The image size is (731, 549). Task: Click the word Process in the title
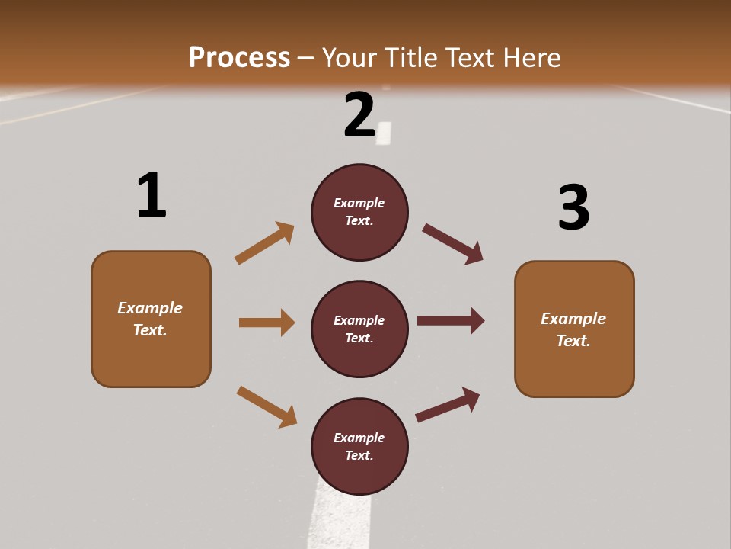239,57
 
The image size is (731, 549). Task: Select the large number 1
152,195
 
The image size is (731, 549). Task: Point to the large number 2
359,115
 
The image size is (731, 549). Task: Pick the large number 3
574,207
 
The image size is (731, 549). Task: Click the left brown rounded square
151,319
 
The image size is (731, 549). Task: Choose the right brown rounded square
574,329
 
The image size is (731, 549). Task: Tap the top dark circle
359,212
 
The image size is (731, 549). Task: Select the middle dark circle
359,329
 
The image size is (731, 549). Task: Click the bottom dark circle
359,447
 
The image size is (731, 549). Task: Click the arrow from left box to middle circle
267,323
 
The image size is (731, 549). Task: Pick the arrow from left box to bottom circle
267,406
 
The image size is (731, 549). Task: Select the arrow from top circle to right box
453,244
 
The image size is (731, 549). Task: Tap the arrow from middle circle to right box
451,320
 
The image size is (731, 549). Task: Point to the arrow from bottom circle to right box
448,404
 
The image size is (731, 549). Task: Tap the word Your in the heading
350,57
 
